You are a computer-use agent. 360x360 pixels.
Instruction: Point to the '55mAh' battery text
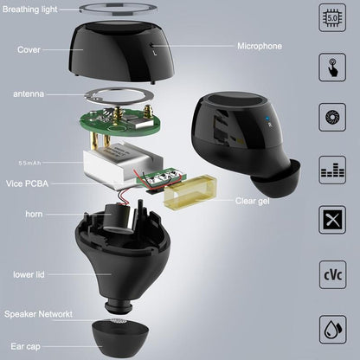(33, 163)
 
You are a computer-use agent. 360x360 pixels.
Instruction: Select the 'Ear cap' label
(24, 343)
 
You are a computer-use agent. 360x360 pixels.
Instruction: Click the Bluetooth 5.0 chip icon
(333, 17)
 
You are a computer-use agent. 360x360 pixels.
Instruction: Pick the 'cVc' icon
(333, 277)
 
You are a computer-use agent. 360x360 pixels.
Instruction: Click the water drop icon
(333, 329)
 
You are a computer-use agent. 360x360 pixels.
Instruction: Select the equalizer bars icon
(333, 169)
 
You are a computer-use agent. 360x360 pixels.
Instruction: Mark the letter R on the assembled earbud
(271, 122)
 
